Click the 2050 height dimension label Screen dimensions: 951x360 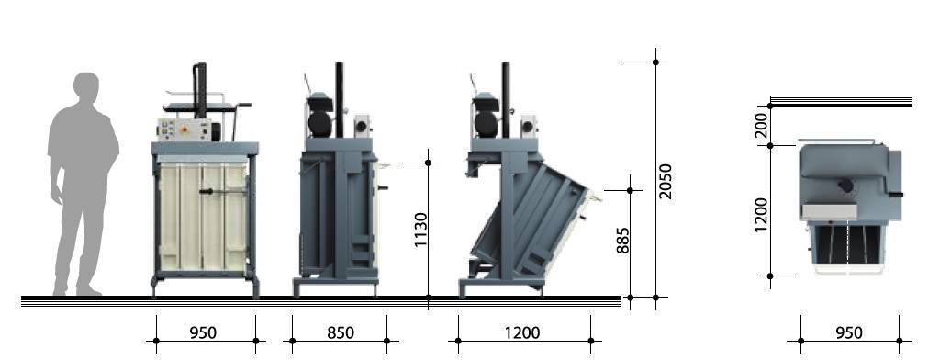(666, 181)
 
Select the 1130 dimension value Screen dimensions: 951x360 (420, 230)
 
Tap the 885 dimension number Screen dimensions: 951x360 (622, 241)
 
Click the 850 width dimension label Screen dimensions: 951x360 (341, 332)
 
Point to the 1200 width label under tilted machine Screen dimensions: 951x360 (522, 332)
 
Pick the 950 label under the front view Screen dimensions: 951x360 (203, 332)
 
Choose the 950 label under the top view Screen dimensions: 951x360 (848, 332)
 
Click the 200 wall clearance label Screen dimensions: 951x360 (761, 126)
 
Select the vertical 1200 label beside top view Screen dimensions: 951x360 (761, 215)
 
